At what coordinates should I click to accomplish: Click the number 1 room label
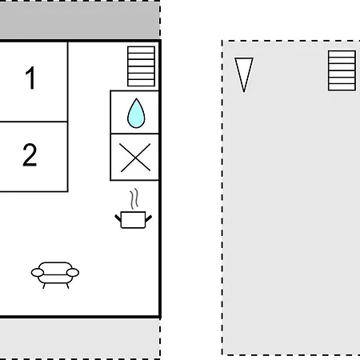click(x=30, y=78)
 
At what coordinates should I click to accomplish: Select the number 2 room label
click(x=30, y=154)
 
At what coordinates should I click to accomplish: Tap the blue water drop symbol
click(x=136, y=113)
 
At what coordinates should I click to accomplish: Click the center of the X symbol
click(x=135, y=158)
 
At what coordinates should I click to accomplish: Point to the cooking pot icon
click(x=134, y=209)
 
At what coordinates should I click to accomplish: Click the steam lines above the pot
click(x=134, y=198)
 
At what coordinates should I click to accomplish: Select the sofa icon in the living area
click(x=55, y=275)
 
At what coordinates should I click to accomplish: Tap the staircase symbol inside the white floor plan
click(x=141, y=66)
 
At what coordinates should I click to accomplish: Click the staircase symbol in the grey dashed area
click(x=342, y=70)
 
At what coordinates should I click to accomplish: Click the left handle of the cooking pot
click(x=118, y=218)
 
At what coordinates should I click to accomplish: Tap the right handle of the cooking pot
click(x=149, y=218)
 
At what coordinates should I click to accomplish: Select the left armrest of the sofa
click(x=38, y=273)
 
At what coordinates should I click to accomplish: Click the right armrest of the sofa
click(x=73, y=273)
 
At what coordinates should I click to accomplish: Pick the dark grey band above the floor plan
click(x=80, y=20)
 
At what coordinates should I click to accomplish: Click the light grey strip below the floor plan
click(x=80, y=338)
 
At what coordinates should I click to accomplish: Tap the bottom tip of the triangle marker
click(x=244, y=92)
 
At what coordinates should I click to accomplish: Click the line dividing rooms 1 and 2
click(x=34, y=122)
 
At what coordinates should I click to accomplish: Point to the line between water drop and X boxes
click(x=134, y=134)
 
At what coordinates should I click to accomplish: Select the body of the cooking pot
click(x=133, y=220)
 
